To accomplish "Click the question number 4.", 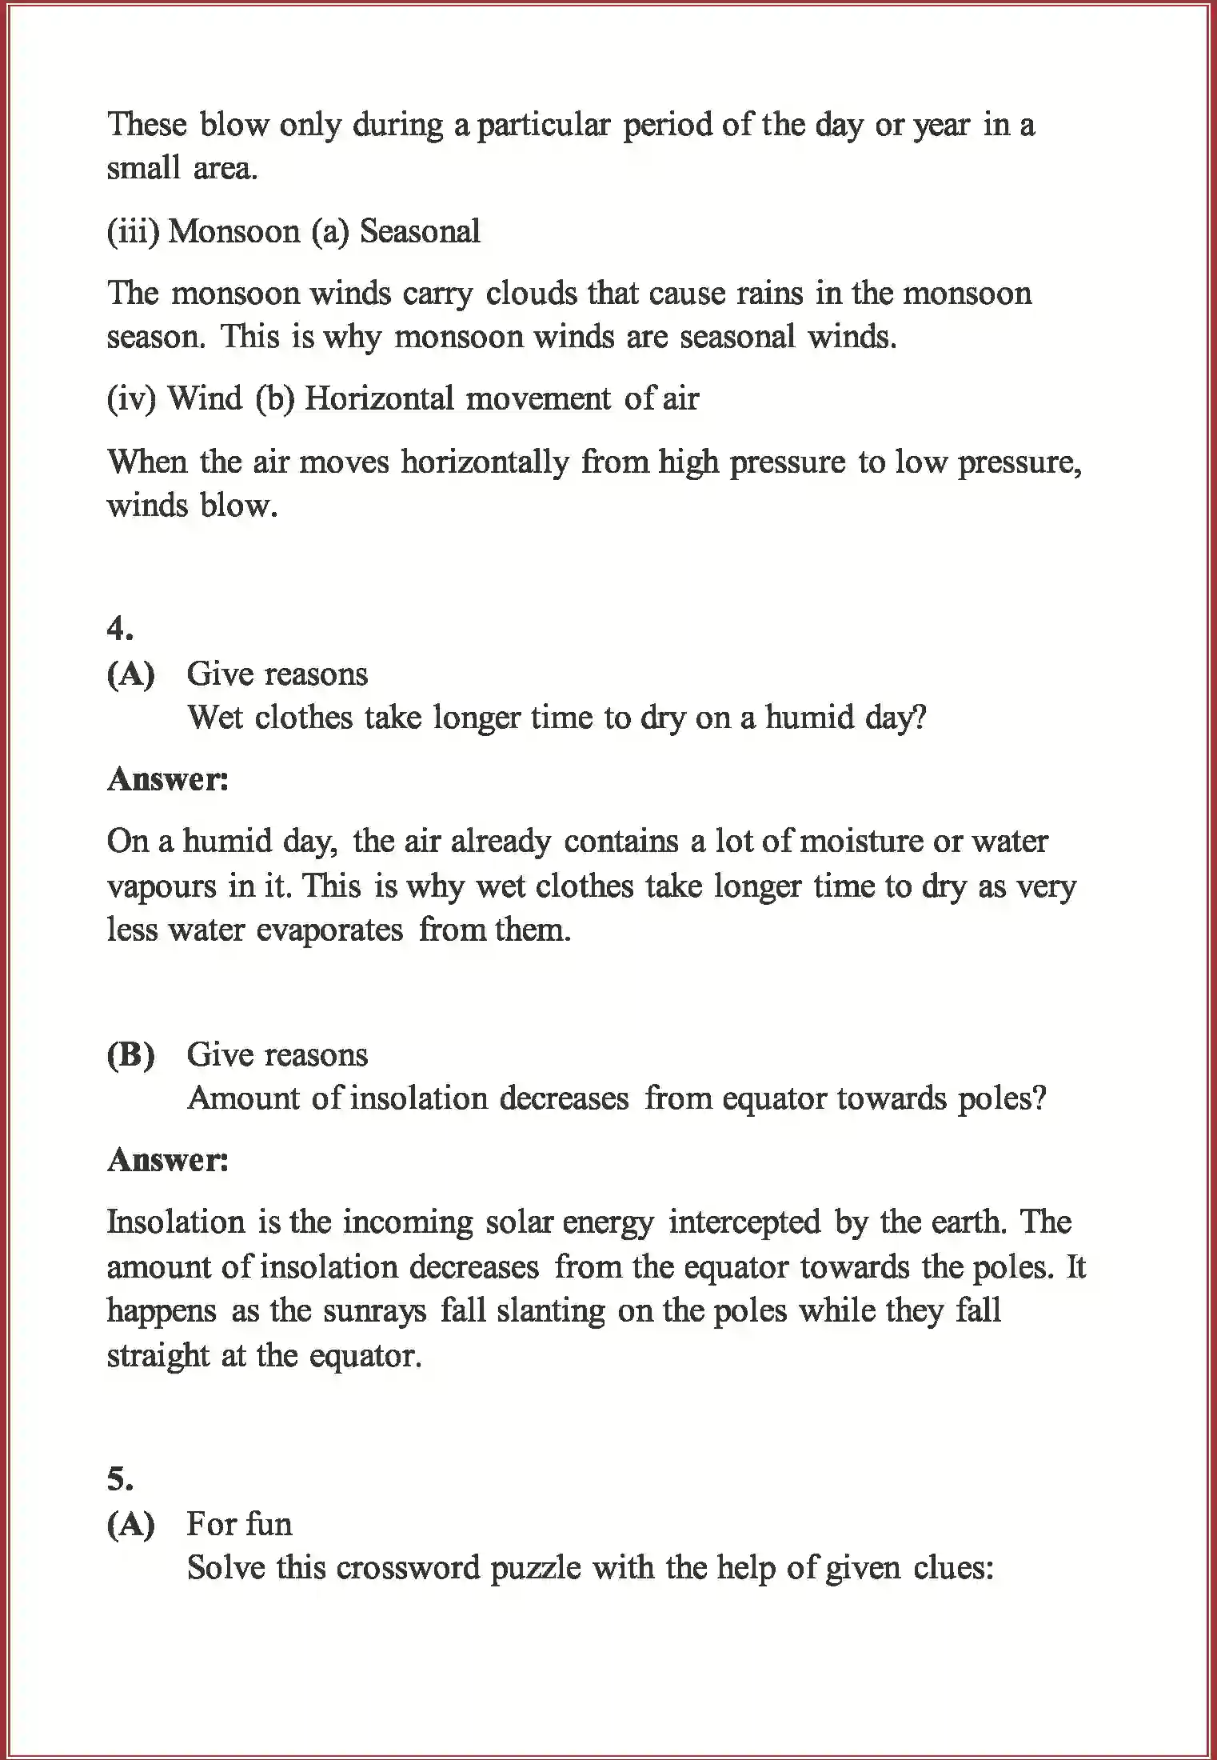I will pos(120,630).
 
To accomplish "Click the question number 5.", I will pos(120,1480).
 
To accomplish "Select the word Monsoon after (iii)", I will pos(233,232).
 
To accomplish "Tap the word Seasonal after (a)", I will pos(420,232).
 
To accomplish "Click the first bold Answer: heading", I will pos(168,779).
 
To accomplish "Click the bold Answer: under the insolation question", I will pos(168,1160).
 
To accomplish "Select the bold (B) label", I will pos(130,1055).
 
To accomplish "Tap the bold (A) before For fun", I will pos(130,1524).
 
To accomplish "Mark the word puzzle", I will pos(535,1568).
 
